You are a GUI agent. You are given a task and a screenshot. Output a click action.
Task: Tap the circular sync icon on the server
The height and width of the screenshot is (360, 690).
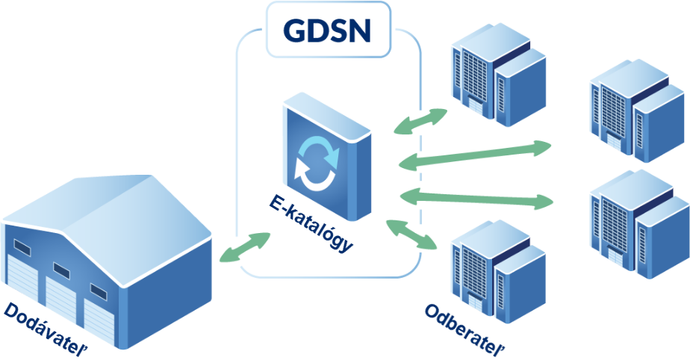(317, 159)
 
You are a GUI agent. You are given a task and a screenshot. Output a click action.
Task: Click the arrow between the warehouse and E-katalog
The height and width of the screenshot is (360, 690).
(246, 247)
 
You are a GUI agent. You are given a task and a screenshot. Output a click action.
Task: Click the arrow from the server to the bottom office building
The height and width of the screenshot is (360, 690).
(411, 234)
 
